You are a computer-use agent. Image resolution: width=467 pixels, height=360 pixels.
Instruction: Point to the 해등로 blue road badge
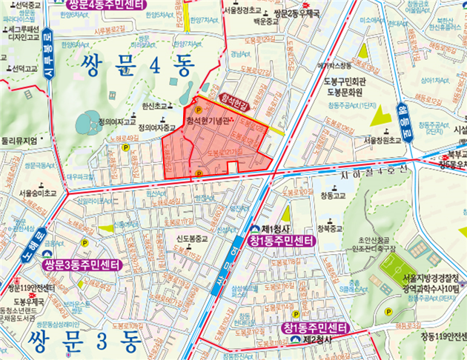point(404,120)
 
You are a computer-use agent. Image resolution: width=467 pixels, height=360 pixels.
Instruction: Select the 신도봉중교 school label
point(192,239)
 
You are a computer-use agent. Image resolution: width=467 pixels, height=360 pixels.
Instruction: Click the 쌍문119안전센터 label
point(31,287)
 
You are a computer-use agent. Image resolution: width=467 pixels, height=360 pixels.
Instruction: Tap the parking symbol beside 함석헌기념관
point(198,110)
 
